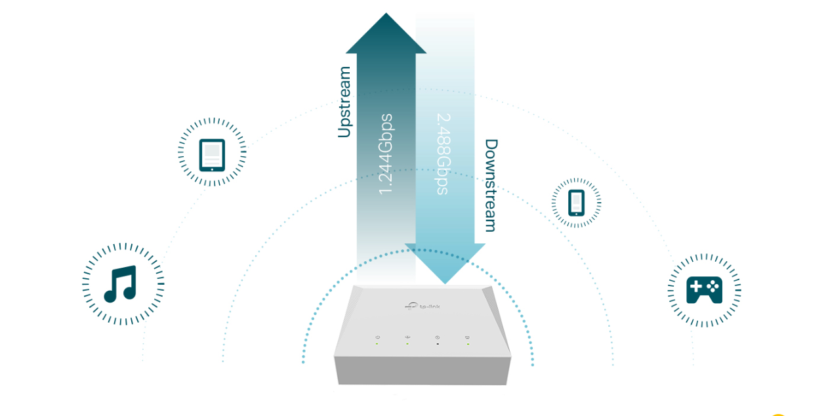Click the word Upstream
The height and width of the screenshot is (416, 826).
coord(344,102)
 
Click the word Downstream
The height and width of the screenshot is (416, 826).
coord(491,185)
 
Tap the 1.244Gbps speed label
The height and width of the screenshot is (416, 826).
coord(386,154)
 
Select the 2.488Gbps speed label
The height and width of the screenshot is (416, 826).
coord(444,154)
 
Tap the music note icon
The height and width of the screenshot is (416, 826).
coord(121,283)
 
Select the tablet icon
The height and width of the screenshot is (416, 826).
coord(212,155)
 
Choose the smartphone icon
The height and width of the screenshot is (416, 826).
coord(576,203)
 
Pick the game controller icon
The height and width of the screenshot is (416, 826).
coord(704,290)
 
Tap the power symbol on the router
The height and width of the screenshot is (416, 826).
coord(377,338)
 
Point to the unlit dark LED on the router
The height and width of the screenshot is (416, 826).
coord(438,344)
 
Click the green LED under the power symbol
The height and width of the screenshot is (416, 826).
coord(377,344)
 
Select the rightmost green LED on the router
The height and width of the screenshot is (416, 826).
coord(468,344)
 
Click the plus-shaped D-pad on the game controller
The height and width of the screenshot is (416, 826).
coord(696,287)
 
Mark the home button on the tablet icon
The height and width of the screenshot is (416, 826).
coord(212,167)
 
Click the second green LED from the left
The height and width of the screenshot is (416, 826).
coord(407,344)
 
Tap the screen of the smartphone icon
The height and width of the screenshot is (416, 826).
coord(576,201)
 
